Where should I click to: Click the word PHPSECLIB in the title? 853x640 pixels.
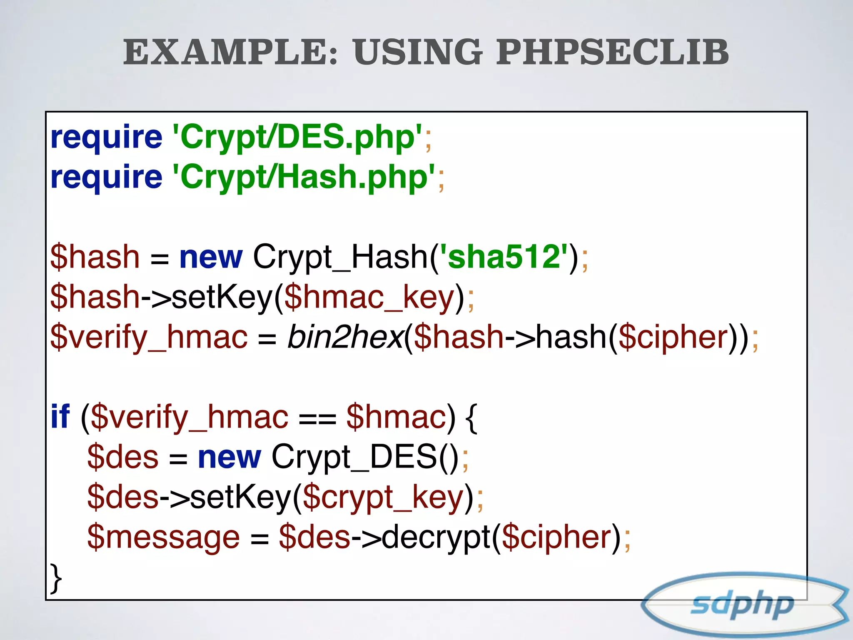[612, 52]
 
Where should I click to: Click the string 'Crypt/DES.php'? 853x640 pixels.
[297, 137]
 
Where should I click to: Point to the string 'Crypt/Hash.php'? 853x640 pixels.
[304, 177]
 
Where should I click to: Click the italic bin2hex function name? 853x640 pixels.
[345, 337]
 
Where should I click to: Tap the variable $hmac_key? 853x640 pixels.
[369, 297]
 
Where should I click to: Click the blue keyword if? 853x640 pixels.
[60, 417]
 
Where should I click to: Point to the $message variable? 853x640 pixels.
[163, 537]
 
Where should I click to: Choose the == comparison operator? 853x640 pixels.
[317, 418]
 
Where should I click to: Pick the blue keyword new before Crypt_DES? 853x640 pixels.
[229, 457]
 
